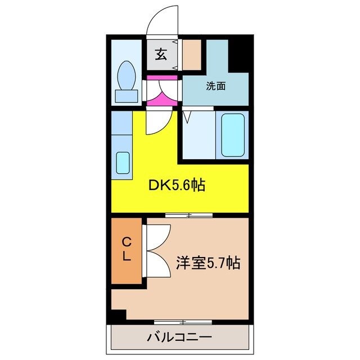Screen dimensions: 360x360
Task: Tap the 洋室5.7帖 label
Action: click(208, 262)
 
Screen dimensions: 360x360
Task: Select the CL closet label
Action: click(127, 249)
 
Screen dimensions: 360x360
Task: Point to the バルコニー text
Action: click(179, 337)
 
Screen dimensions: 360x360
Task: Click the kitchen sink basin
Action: click(123, 163)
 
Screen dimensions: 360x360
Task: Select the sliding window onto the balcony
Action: click(175, 322)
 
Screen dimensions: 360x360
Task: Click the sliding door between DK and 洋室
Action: click(190, 215)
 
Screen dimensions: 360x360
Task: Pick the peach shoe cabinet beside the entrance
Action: click(191, 54)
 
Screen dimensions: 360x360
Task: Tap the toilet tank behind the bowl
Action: click(126, 96)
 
